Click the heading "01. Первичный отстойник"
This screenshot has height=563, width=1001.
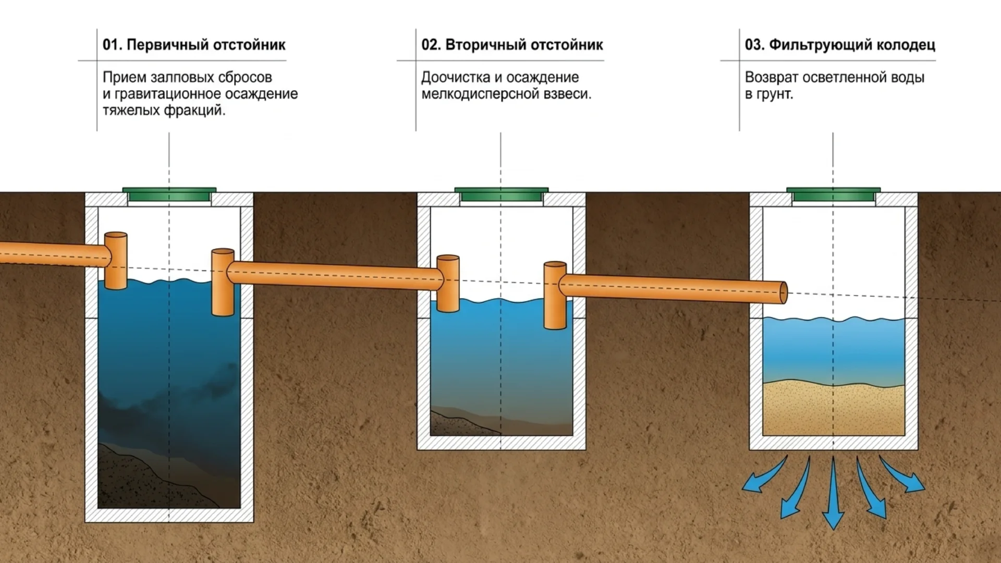194,45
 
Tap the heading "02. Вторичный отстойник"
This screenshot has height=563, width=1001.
512,45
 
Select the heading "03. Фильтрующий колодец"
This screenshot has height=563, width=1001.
840,45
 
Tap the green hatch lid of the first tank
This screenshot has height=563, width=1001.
169,194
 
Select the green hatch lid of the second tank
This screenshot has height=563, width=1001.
502,194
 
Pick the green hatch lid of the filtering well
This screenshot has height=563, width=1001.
834,194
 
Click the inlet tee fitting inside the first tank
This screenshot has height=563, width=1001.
116,261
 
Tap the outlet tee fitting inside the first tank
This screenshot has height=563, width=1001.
223,282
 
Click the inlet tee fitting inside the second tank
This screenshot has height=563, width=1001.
448,284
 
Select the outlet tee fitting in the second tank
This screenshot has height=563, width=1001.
555,295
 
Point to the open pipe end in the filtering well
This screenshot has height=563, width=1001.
783,293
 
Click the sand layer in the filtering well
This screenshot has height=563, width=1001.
834,409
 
